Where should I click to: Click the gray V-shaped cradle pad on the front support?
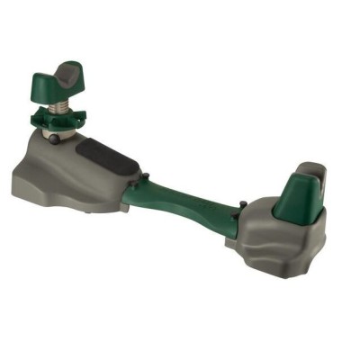pyautogui.click(x=67, y=72)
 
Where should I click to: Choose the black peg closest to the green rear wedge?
pyautogui.click(x=242, y=206)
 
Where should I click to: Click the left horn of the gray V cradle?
pyautogui.click(x=52, y=75)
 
